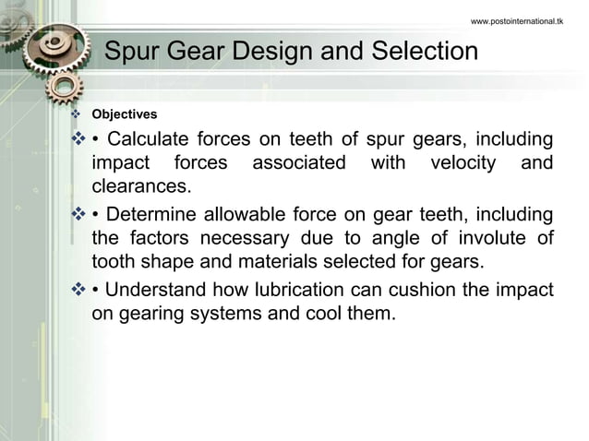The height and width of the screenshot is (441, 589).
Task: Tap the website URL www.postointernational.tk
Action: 516,19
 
